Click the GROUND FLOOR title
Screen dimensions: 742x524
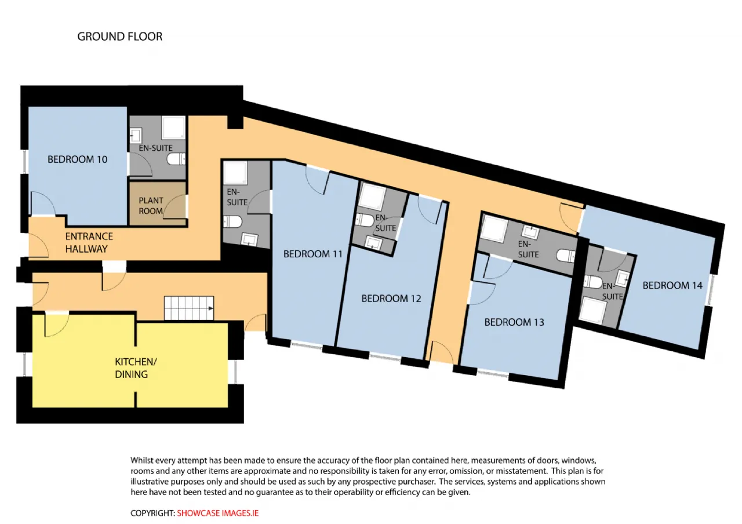pos(120,37)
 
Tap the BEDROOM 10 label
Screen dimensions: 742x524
pos(77,159)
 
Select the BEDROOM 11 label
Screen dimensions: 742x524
pos(312,254)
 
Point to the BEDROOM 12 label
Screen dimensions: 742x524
pos(391,299)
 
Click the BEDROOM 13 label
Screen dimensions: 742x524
pos(514,322)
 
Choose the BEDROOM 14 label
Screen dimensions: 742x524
pos(672,286)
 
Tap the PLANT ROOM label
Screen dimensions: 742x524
pos(151,206)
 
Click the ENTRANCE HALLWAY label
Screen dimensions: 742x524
pos(89,242)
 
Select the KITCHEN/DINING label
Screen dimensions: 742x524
pos(136,368)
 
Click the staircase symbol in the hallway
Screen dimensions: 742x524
pos(189,308)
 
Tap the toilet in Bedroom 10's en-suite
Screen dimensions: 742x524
pos(176,159)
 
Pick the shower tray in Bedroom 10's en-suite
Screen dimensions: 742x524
pos(173,128)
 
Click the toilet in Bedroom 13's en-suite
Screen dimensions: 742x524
pos(565,256)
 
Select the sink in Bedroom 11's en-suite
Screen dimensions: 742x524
pos(249,239)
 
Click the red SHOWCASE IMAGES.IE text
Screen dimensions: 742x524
pos(217,513)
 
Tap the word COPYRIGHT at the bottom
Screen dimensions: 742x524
pos(152,513)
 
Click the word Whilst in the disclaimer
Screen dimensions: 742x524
pos(141,460)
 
